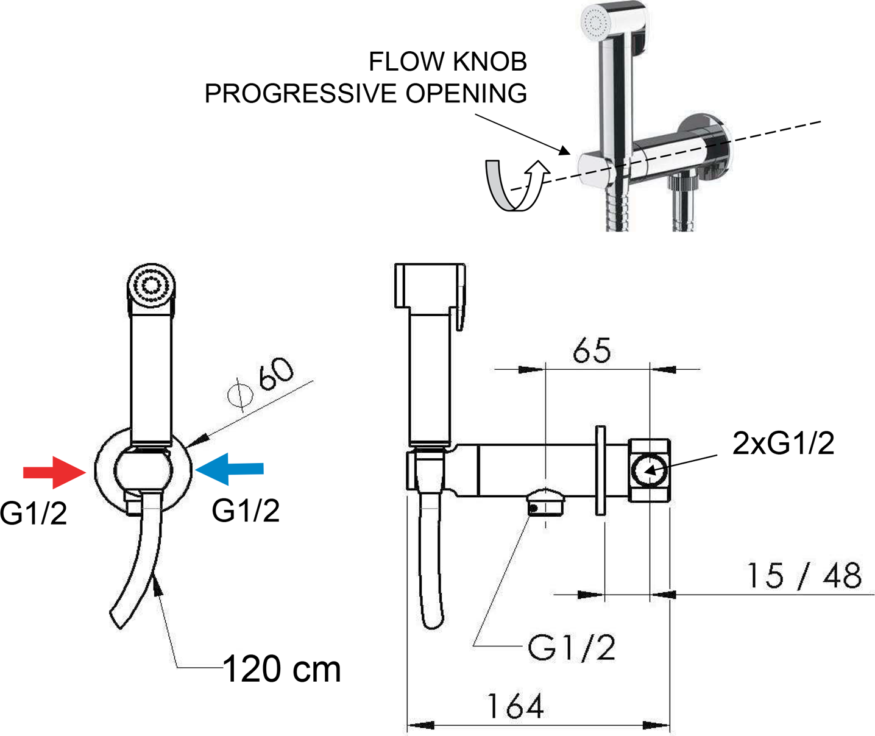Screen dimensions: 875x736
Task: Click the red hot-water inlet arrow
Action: [x=54, y=472]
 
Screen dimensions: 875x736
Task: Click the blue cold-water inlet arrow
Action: [x=229, y=469]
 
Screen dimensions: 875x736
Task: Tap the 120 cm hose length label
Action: [x=282, y=670]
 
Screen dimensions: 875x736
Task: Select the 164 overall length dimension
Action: [x=515, y=706]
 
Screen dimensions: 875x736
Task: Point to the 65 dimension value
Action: [x=592, y=350]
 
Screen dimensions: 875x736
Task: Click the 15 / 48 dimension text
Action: [x=804, y=576]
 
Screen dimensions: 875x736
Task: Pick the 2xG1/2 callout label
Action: [x=783, y=443]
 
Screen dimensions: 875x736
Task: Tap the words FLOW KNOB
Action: [x=448, y=62]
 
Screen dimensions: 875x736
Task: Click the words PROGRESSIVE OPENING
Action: [x=366, y=93]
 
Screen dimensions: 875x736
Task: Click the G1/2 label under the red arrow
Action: [x=33, y=514]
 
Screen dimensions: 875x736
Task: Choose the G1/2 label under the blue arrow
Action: [x=246, y=511]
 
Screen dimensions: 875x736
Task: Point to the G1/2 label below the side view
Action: [x=571, y=648]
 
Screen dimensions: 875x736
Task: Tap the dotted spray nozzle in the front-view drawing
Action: [x=151, y=286]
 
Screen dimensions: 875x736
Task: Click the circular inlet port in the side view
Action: [x=649, y=470]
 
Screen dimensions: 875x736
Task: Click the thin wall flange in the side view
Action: [x=601, y=470]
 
